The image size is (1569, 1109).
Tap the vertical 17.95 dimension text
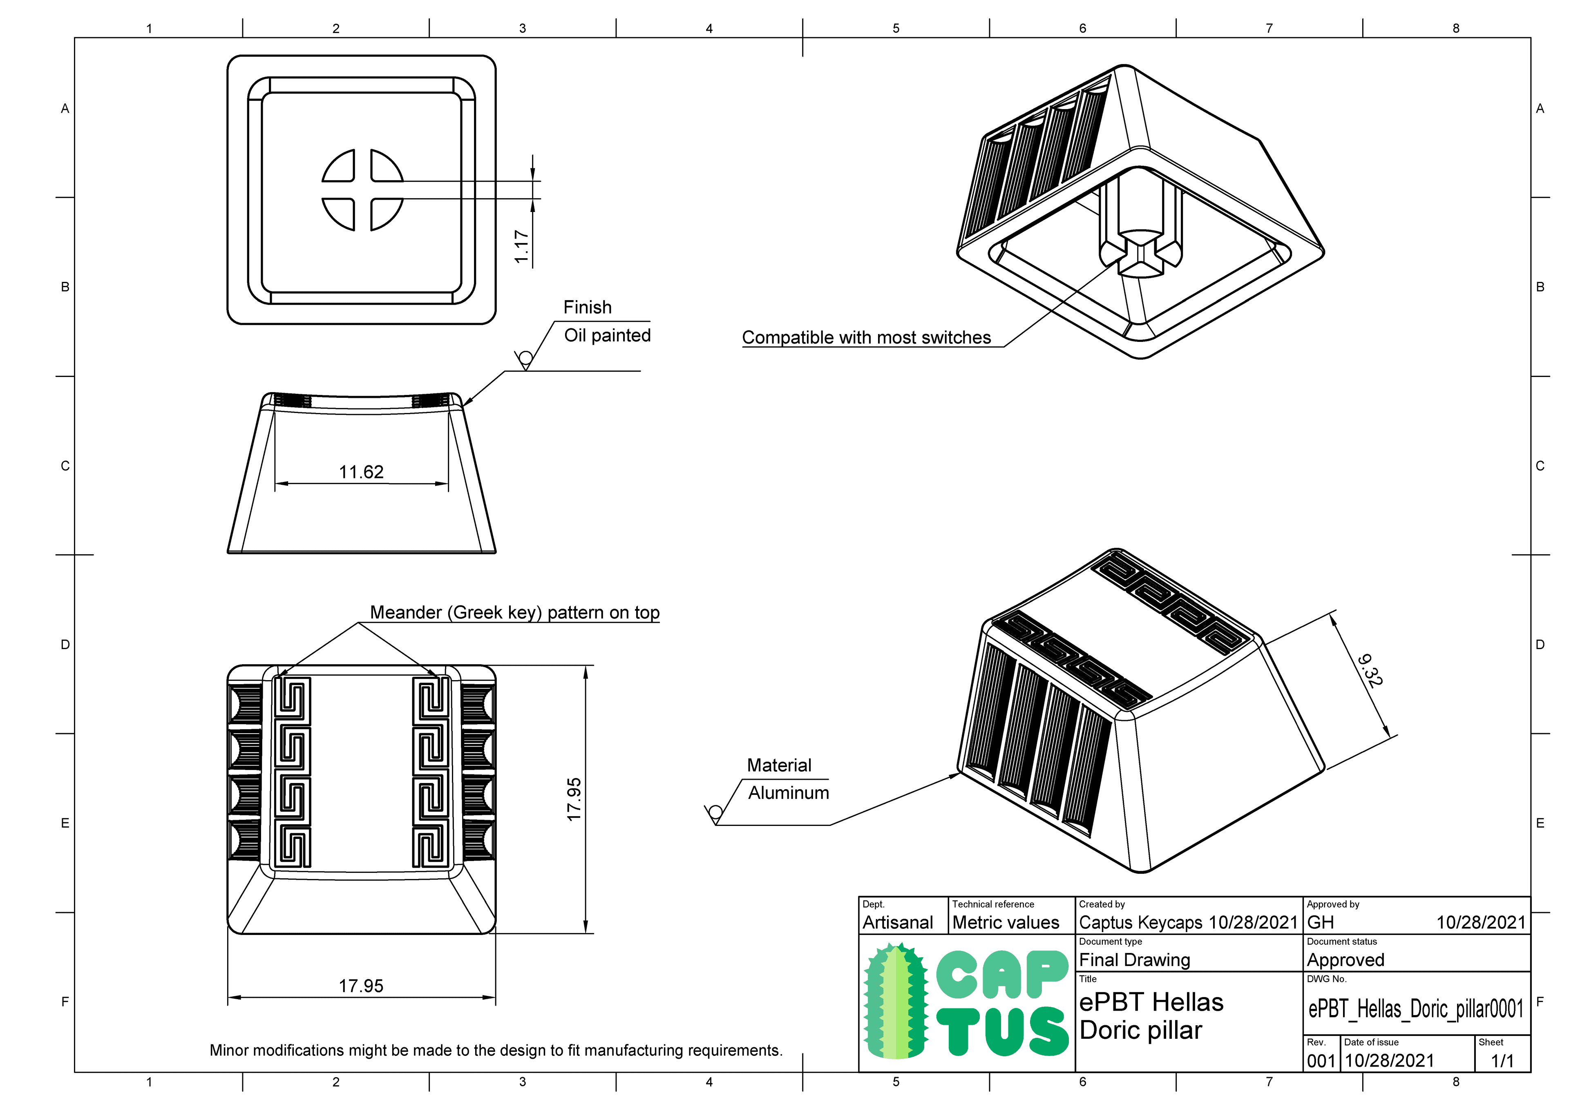pyautogui.click(x=574, y=799)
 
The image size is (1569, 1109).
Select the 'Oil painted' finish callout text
pyautogui.click(x=607, y=335)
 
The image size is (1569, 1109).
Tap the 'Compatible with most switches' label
pyautogui.click(x=866, y=337)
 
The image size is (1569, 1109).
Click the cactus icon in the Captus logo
pyautogui.click(x=896, y=1001)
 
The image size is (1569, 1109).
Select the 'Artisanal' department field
pyautogui.click(x=897, y=922)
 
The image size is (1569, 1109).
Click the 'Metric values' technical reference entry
pyautogui.click(x=1005, y=922)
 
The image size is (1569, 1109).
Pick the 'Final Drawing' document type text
pyautogui.click(x=1134, y=960)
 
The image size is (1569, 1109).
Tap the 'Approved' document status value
pyautogui.click(x=1345, y=960)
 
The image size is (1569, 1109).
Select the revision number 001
pyautogui.click(x=1320, y=1061)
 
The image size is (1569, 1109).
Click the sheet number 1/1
pyautogui.click(x=1502, y=1061)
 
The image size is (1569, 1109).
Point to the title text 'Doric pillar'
pyautogui.click(x=1140, y=1031)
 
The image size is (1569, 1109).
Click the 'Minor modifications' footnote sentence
pyautogui.click(x=496, y=1050)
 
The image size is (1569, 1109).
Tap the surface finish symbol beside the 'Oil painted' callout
pyautogui.click(x=525, y=359)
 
